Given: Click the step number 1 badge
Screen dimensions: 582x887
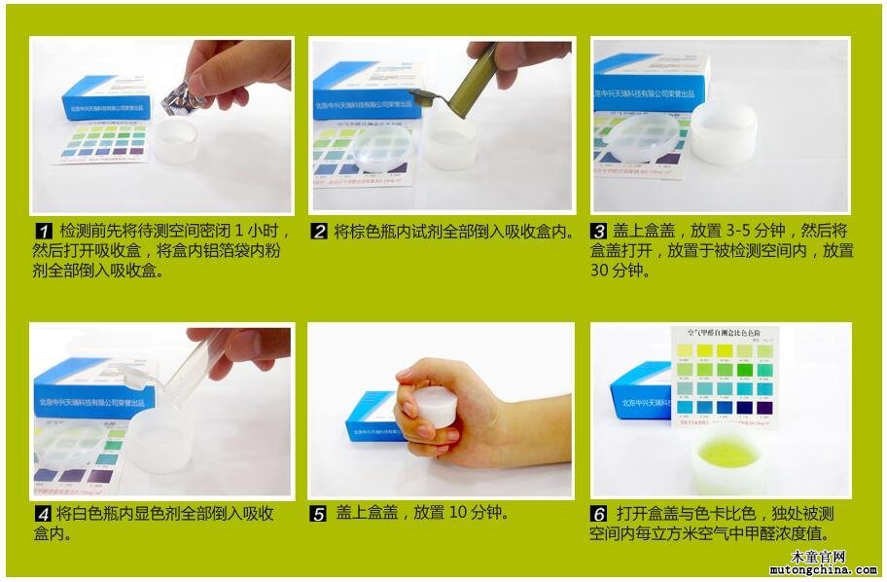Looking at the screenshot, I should (x=43, y=233).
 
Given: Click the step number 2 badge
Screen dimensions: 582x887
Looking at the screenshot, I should (x=319, y=233).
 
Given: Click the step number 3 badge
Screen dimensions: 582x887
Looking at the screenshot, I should (x=600, y=233).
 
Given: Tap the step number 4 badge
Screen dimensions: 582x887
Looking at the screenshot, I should (x=43, y=515).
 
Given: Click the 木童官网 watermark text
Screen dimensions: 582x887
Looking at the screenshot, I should (x=818, y=557).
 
